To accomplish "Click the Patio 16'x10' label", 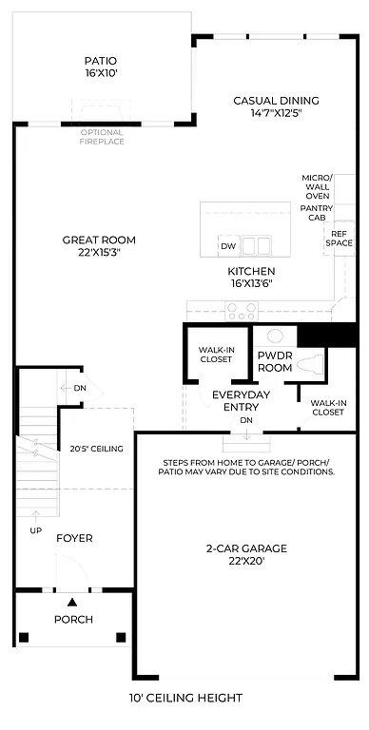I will coord(100,66).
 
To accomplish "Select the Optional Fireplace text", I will coord(101,136).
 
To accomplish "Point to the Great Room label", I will coord(99,245).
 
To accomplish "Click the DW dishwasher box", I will coord(228,246).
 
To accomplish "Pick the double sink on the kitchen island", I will coord(256,246).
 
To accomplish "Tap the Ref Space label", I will coord(339,238).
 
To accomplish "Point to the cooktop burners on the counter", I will coord(241,309).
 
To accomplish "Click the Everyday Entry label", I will coord(241,399).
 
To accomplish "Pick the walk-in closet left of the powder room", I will coord(216,355).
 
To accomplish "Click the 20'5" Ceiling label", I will coord(96,449).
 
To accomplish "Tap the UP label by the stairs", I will coord(35,529).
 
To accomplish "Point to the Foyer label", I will coord(74,538).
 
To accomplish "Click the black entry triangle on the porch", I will coord(71,602).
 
